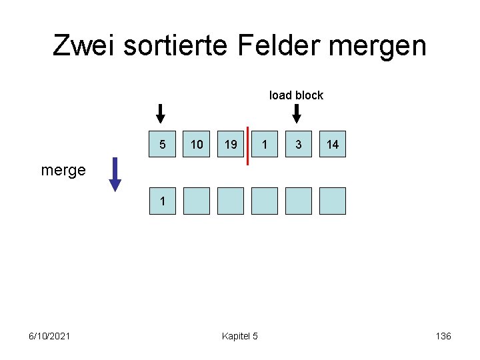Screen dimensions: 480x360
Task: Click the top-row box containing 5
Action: click(x=163, y=144)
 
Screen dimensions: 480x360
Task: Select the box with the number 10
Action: click(x=197, y=144)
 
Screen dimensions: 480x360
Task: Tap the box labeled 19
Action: click(x=231, y=144)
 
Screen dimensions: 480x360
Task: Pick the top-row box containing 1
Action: click(x=265, y=144)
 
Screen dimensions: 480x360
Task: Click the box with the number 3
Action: click(x=299, y=144)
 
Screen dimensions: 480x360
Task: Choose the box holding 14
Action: click(x=333, y=144)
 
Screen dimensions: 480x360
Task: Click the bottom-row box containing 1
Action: click(x=163, y=201)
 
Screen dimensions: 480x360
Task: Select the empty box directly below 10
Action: click(x=197, y=201)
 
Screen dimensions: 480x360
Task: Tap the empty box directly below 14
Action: click(x=333, y=201)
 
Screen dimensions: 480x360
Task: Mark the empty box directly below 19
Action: click(x=231, y=201)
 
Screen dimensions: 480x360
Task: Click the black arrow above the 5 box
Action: click(x=160, y=113)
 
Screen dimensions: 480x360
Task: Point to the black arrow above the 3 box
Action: click(x=297, y=113)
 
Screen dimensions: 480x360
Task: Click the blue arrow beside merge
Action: click(x=115, y=173)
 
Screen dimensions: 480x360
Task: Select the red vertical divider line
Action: click(x=247, y=145)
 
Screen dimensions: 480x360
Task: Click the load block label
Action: click(x=296, y=95)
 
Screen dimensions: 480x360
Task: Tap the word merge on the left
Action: click(x=63, y=170)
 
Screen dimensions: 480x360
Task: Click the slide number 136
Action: click(x=443, y=336)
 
